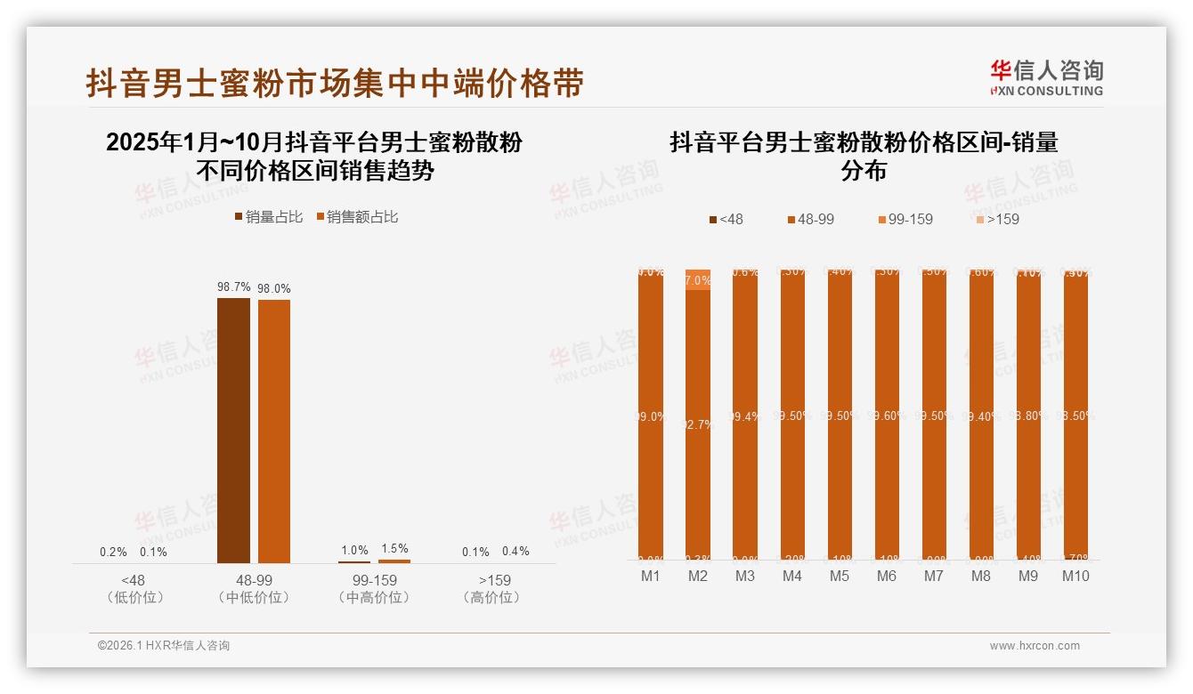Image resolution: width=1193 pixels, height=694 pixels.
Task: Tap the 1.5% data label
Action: point(394,549)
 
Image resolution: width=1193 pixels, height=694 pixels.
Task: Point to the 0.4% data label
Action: point(515,552)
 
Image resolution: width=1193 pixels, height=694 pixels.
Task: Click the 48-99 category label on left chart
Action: point(254,580)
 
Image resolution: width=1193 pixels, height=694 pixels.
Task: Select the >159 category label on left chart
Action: point(494,580)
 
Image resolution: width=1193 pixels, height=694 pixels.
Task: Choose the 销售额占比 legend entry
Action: point(357,216)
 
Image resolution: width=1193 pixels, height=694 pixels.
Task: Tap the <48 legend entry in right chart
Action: point(726,219)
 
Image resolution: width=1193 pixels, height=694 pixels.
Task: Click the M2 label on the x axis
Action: point(698,577)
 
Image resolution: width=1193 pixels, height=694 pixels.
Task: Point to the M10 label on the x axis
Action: point(1075,577)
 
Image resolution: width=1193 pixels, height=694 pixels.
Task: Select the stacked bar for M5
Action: point(840,415)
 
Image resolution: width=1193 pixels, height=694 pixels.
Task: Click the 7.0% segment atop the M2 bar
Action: point(698,280)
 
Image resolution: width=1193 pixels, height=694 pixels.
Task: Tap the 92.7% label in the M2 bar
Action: point(698,424)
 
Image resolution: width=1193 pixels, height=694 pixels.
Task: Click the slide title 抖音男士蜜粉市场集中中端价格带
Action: point(335,83)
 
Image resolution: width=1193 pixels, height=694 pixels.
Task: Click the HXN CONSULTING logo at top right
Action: point(1046,78)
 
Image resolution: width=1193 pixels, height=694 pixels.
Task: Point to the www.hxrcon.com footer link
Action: point(1035,646)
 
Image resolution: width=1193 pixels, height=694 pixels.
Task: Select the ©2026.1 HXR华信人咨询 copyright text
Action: point(164,646)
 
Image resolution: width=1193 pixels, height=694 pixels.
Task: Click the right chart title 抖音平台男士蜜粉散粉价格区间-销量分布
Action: point(864,156)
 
